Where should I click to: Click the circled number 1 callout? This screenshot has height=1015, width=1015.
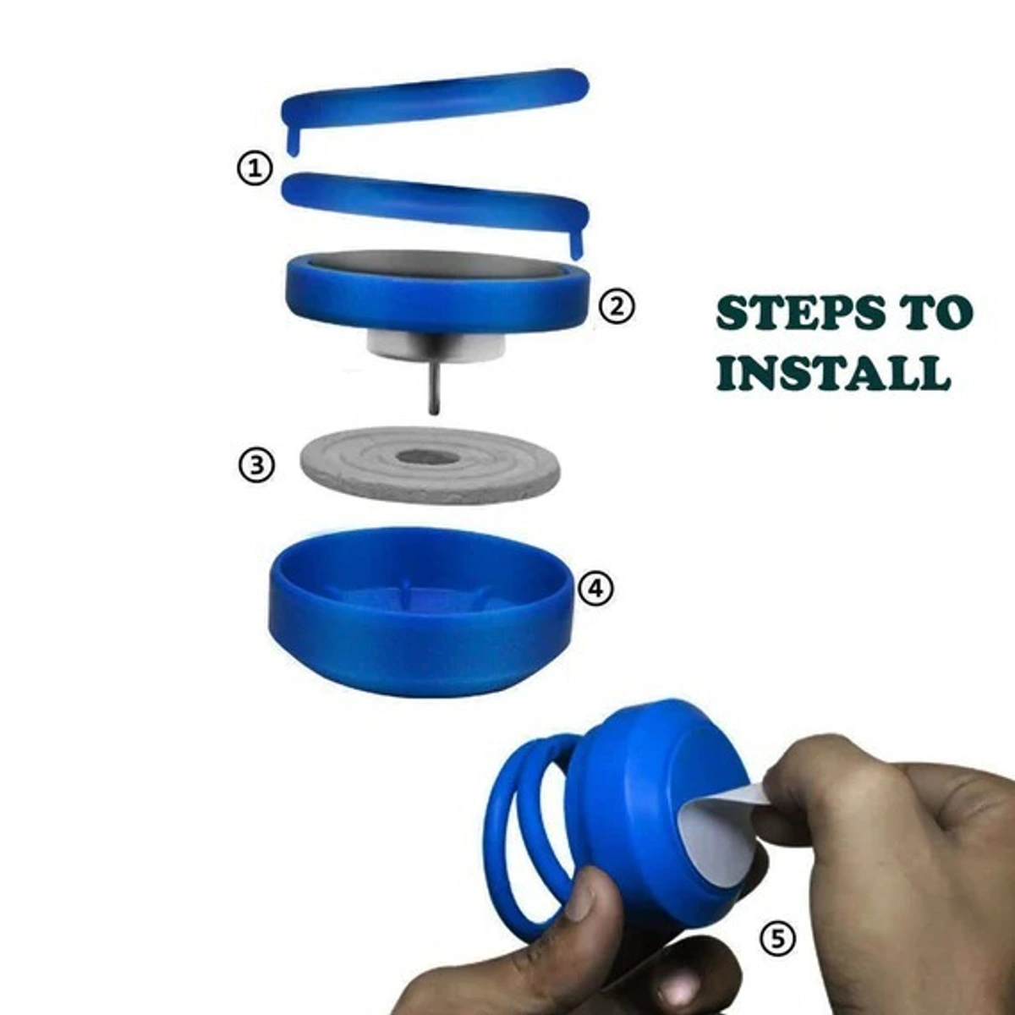pyautogui.click(x=253, y=168)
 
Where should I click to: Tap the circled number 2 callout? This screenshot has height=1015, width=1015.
pyautogui.click(x=617, y=306)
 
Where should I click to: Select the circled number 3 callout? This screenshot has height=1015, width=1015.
pyautogui.click(x=256, y=465)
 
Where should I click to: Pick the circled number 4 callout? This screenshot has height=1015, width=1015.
pyautogui.click(x=595, y=588)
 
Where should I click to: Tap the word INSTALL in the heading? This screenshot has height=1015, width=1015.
pyautogui.click(x=832, y=373)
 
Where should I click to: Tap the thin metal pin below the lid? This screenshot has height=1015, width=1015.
pyautogui.click(x=433, y=385)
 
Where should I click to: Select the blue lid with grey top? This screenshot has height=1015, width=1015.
pyautogui.click(x=436, y=292)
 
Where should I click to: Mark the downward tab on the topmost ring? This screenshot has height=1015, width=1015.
pyautogui.click(x=291, y=140)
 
